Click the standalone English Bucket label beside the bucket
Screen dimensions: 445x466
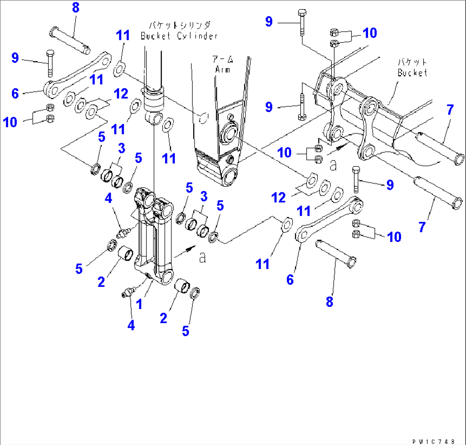[x=412, y=73]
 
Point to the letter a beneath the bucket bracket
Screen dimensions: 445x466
[x=333, y=163]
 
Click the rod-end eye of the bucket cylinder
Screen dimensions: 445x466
[x=155, y=118]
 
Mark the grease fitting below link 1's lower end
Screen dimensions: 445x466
[x=127, y=294]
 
